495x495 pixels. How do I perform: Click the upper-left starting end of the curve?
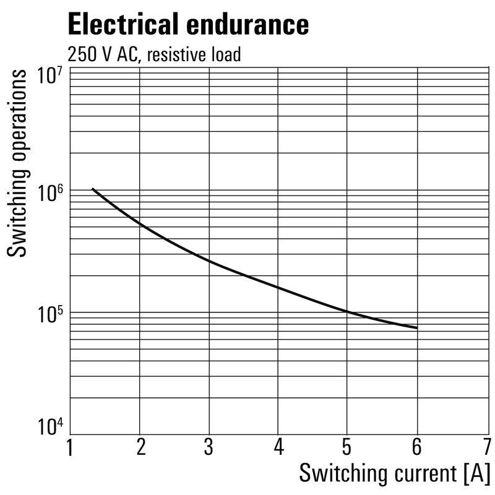click(92, 189)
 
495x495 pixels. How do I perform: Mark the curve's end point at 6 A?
click(417, 327)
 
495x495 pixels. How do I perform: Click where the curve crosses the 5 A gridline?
click(348, 311)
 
